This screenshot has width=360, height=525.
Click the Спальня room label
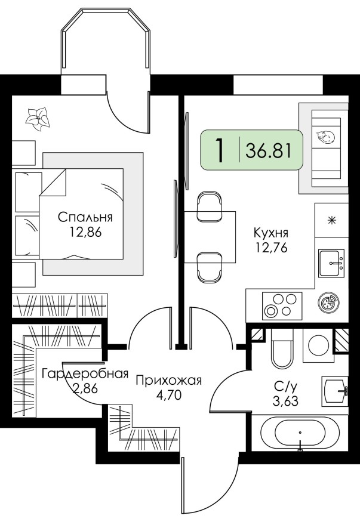pos(85,217)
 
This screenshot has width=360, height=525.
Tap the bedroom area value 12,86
pos(85,232)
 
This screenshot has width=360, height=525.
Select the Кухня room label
pos(270,233)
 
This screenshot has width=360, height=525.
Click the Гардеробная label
pos(85,374)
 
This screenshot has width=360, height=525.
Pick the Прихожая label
pos(169,380)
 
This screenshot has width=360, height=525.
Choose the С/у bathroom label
pos(284,385)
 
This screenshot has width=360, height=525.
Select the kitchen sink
pos(331,262)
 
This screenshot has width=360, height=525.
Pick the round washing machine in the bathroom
pos(318,345)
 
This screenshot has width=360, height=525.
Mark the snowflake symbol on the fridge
pos(331,219)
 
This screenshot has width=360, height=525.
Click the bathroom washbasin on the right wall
pos(335,391)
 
